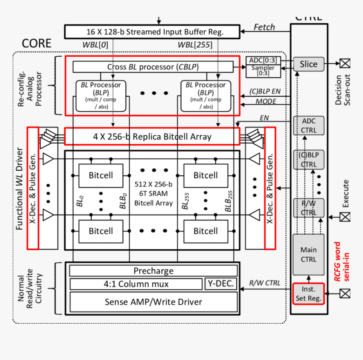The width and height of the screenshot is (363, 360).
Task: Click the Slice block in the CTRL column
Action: pyautogui.click(x=309, y=64)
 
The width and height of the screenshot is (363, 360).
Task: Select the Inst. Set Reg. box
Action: pyautogui.click(x=309, y=294)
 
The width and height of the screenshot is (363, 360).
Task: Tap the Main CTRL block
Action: pyautogui.click(x=309, y=254)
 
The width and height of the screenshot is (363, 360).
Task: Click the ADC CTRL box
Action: pyautogui.click(x=309, y=125)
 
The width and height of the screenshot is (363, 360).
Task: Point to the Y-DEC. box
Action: pyautogui.click(x=221, y=284)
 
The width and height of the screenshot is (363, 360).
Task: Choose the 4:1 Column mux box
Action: pyautogui.click(x=136, y=284)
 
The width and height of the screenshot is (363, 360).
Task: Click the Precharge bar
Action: pyautogui.click(x=153, y=271)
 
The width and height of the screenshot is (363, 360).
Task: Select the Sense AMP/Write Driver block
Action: pyautogui.click(x=153, y=302)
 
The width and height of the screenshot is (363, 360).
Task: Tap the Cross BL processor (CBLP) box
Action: pyautogui.click(x=153, y=67)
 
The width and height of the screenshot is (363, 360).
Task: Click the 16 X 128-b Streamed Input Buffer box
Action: pyautogui.click(x=152, y=32)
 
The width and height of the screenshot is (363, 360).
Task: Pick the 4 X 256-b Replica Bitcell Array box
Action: pyautogui.click(x=152, y=136)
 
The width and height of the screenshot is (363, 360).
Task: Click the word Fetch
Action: pyautogui.click(x=264, y=27)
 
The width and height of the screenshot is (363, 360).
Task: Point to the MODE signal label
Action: pyautogui.click(x=266, y=101)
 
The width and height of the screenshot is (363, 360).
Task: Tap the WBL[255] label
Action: pyautogui.click(x=192, y=44)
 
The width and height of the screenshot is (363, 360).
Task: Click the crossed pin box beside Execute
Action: pyautogui.click(x=345, y=217)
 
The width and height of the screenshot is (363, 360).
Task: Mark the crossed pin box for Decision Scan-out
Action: pyautogui.click(x=345, y=63)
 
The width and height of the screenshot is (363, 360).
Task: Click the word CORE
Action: pyautogui.click(x=36, y=44)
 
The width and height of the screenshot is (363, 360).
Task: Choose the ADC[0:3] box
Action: pyautogui.click(x=263, y=61)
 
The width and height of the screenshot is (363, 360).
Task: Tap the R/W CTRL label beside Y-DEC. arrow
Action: pyautogui.click(x=265, y=283)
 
